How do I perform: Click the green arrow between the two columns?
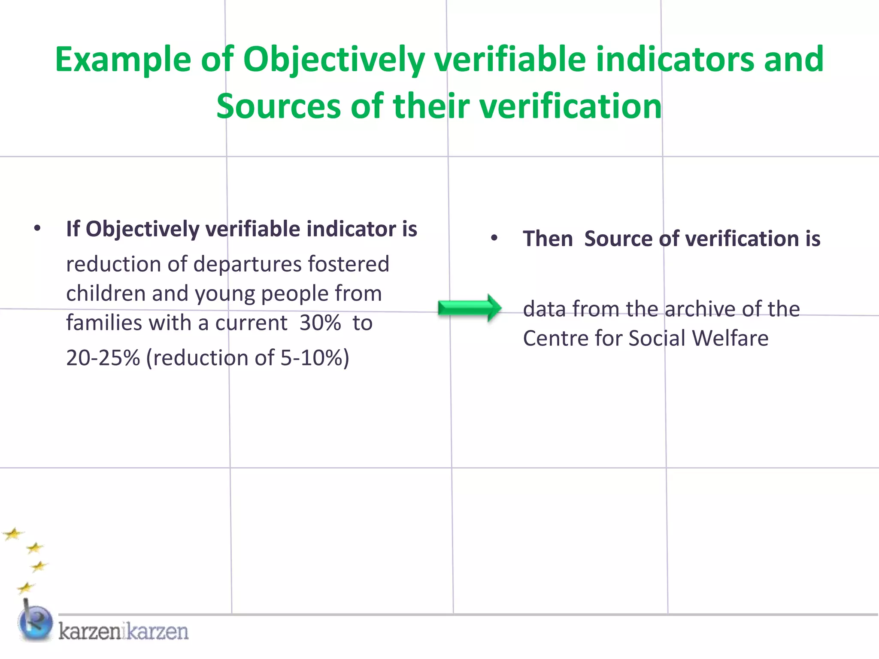pyautogui.click(x=470, y=308)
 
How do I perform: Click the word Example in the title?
pyautogui.click(x=123, y=59)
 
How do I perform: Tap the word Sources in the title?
pyautogui.click(x=279, y=106)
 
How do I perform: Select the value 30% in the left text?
pyautogui.click(x=320, y=323)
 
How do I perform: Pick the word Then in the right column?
pyautogui.click(x=548, y=239)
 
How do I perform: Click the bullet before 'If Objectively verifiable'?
pyautogui.click(x=37, y=228)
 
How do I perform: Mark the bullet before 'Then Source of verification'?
pyautogui.click(x=494, y=238)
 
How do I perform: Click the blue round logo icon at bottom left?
pyautogui.click(x=35, y=623)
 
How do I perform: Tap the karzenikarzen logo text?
pyautogui.click(x=124, y=632)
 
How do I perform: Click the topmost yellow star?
pyautogui.click(x=13, y=534)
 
